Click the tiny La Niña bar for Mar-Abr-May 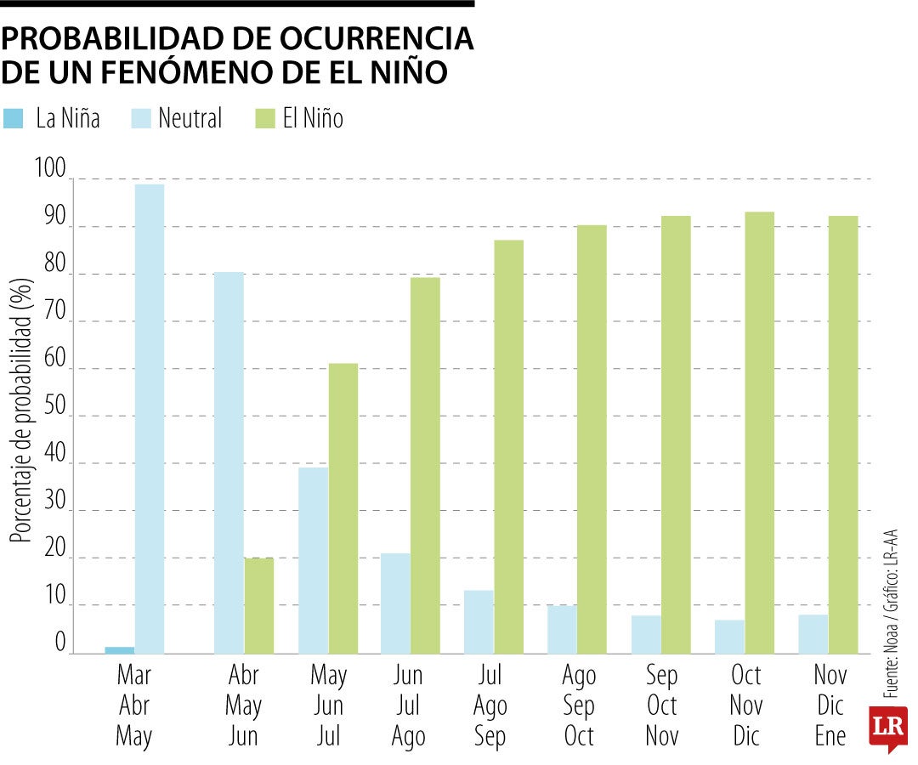tap(120, 650)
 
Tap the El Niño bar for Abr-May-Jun tap(259, 605)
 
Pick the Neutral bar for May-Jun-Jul tap(313, 560)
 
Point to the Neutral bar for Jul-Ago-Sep tap(479, 621)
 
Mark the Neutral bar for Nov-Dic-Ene tap(813, 633)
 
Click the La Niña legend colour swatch tap(14, 119)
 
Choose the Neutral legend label tap(190, 119)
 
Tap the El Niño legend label tap(313, 119)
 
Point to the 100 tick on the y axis tap(49, 170)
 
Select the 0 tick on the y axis tap(60, 643)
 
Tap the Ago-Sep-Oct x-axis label tap(579, 705)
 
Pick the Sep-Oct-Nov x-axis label tap(662, 705)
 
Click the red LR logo tap(887, 728)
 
